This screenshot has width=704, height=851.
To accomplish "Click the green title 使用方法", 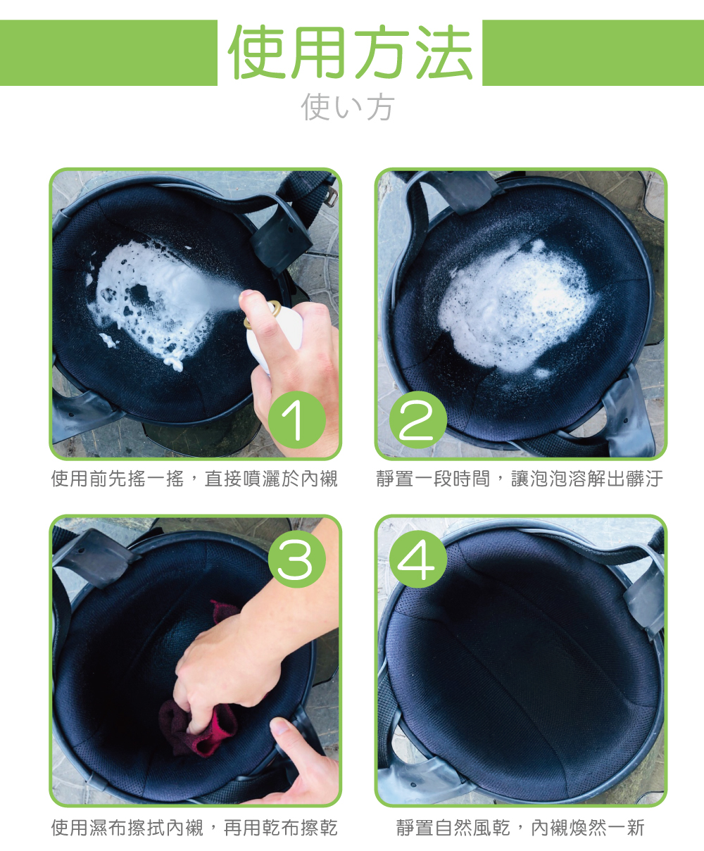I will pos(350,53).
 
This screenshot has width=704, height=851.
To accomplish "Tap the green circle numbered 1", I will pos(296,421).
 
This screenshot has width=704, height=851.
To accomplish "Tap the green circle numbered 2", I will pos(418,421).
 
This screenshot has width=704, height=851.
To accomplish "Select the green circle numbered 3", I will pos(296,560).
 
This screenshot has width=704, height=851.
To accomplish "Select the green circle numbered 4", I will pos(418,560).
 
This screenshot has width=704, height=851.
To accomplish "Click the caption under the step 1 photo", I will pos(194,479).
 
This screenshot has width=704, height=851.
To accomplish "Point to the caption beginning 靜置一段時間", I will pos(520,479).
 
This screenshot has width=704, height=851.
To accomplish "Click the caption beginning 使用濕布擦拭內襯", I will pos(194,828).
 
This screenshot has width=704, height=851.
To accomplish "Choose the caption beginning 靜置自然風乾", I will pos(520,828).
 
